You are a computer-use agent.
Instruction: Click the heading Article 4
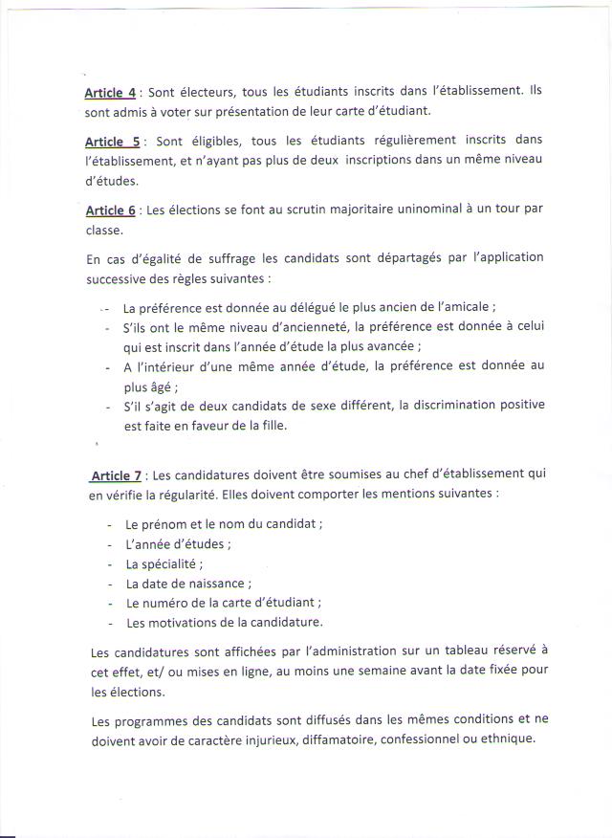tap(110, 93)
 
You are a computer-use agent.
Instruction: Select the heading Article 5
tap(112, 141)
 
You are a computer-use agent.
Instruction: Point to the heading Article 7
tap(116, 474)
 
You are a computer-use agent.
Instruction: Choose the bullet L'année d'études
tap(178, 544)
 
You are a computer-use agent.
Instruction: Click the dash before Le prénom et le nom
tap(111, 525)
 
